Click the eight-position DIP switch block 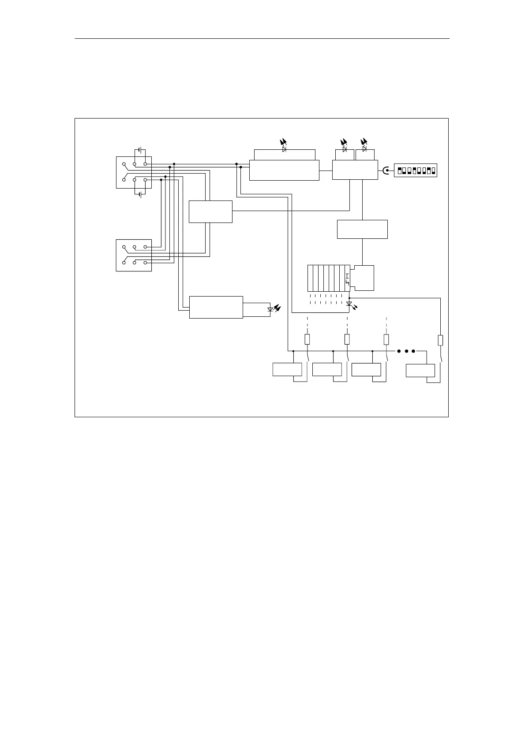point(415,170)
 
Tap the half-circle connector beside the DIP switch point(386,171)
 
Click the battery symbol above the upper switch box point(140,150)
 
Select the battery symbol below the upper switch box point(140,194)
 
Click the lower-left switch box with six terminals point(134,255)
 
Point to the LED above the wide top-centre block point(284,149)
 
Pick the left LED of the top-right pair point(344,149)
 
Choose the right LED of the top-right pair point(364,149)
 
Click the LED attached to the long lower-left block point(270,309)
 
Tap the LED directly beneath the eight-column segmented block point(349,304)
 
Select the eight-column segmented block point(329,278)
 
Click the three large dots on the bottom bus point(406,351)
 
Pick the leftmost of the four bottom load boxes point(287,369)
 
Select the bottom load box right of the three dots point(420,371)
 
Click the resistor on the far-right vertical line point(440,340)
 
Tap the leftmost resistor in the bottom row point(307,339)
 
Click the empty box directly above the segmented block point(362,229)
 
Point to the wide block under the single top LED point(284,170)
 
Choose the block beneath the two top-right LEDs point(355,170)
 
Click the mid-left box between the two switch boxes point(210,211)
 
